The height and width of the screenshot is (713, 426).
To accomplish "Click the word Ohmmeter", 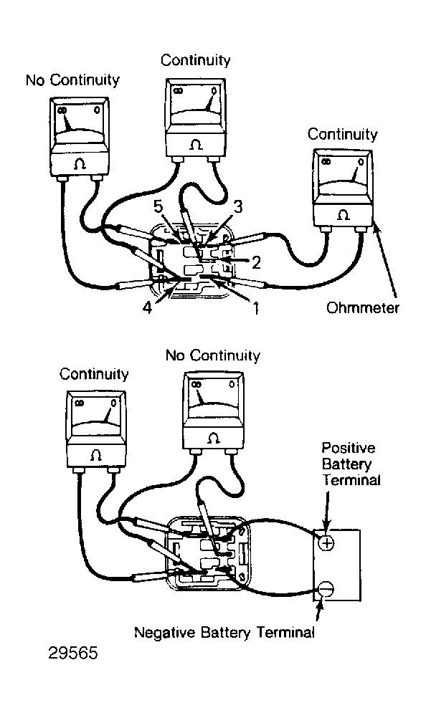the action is [x=363, y=308].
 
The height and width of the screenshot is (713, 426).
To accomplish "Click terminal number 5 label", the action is [x=158, y=206].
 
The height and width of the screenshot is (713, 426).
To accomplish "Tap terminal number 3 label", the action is [x=238, y=206].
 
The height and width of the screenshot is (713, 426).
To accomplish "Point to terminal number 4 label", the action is [x=147, y=308].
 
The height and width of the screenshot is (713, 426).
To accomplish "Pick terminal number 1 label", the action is [x=256, y=308].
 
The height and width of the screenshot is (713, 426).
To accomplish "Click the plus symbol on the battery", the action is [x=326, y=542].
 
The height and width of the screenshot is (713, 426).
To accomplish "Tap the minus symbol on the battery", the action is [x=326, y=589].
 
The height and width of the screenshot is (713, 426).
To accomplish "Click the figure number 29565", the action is [x=73, y=653].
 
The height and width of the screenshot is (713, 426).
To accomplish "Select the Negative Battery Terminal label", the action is [x=224, y=632].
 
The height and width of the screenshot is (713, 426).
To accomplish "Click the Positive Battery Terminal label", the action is [x=351, y=464].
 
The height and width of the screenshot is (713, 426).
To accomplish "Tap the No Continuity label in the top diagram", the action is [x=72, y=80].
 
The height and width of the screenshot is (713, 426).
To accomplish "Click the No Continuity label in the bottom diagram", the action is [x=212, y=355].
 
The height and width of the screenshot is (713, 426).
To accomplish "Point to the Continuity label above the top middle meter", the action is [x=196, y=60].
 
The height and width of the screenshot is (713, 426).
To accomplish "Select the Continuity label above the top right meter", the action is [x=343, y=134].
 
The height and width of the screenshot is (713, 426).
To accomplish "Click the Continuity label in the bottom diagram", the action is [x=94, y=374].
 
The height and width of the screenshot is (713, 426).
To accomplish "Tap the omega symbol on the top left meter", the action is [x=80, y=163].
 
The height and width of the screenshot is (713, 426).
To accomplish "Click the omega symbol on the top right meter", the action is [x=343, y=214].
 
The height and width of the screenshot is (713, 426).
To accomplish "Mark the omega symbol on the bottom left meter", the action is [x=96, y=455].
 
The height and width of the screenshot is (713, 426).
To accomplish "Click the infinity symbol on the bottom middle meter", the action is [x=197, y=385].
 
